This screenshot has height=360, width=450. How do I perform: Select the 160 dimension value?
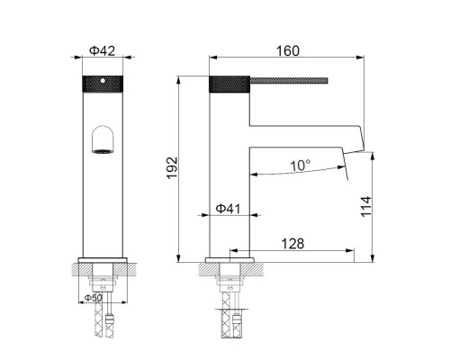click(289, 50)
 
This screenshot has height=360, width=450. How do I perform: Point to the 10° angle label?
click(301, 166)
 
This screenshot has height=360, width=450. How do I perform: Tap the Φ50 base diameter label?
click(94, 296)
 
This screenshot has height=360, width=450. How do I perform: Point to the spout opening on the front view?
click(103, 140)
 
